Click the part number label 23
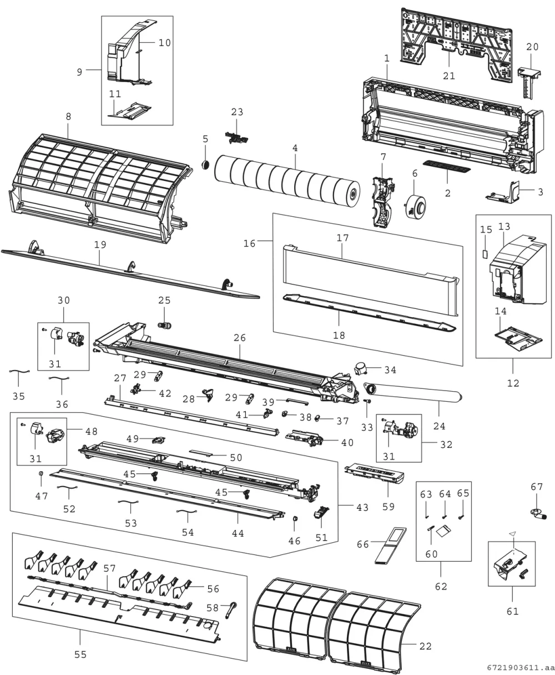[237, 112]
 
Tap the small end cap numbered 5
[206, 165]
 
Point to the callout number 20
[532, 47]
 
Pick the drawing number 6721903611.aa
[520, 668]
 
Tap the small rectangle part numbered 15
[485, 254]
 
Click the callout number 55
[80, 654]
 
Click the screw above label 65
[461, 517]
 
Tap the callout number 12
[513, 383]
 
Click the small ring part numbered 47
[41, 474]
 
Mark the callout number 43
[362, 507]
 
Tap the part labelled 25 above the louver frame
[165, 326]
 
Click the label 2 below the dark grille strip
[447, 193]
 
